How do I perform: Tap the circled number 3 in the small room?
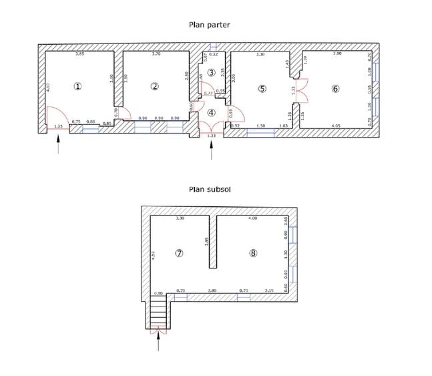coord(211,72)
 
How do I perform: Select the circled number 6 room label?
coord(335,88)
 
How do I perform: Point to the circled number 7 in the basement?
coord(178,253)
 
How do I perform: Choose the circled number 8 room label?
coord(253,253)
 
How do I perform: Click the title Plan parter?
coord(210,25)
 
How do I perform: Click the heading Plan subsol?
coord(210,189)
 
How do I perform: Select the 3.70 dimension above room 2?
coord(156,53)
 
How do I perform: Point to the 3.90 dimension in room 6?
coord(336,53)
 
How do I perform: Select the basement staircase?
coord(158,311)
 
